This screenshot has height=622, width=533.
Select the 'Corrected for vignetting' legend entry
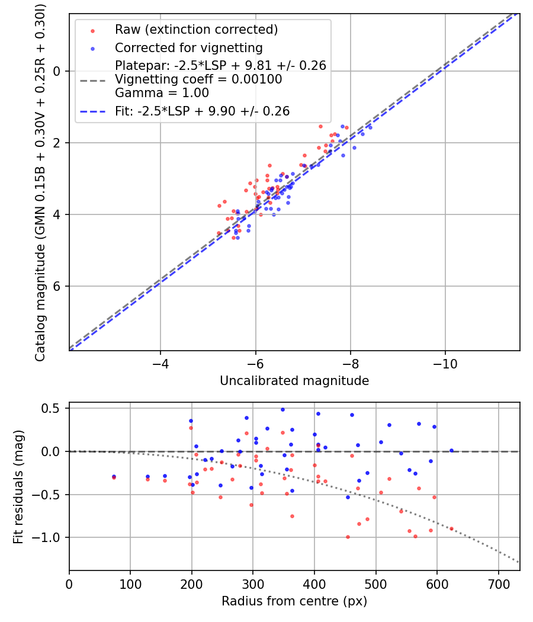pyautogui.click(x=189, y=47)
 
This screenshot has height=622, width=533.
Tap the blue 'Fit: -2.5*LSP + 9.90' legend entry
pyautogui.click(x=202, y=111)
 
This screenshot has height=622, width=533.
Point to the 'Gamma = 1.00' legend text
pyautogui.click(x=162, y=92)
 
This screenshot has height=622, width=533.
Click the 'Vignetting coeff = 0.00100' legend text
pyautogui.click(x=198, y=79)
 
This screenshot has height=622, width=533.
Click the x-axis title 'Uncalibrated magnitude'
pyautogui.click(x=294, y=381)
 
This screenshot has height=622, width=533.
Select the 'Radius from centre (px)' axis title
pyautogui.click(x=294, y=601)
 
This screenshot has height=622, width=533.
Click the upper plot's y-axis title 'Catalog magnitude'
pyautogui.click(x=40, y=181)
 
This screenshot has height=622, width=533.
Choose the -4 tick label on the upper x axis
pyautogui.click(x=160, y=364)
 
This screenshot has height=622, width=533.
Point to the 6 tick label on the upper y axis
pyautogui.click(x=57, y=286)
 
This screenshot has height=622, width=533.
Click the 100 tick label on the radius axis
pyautogui.click(x=130, y=584)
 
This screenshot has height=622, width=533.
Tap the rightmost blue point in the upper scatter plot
pyautogui.click(x=370, y=127)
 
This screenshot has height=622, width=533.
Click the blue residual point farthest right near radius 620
pyautogui.click(x=451, y=450)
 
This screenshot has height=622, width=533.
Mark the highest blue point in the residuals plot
pyautogui.click(x=282, y=409)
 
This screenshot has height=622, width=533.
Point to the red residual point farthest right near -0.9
pyautogui.click(x=451, y=528)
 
